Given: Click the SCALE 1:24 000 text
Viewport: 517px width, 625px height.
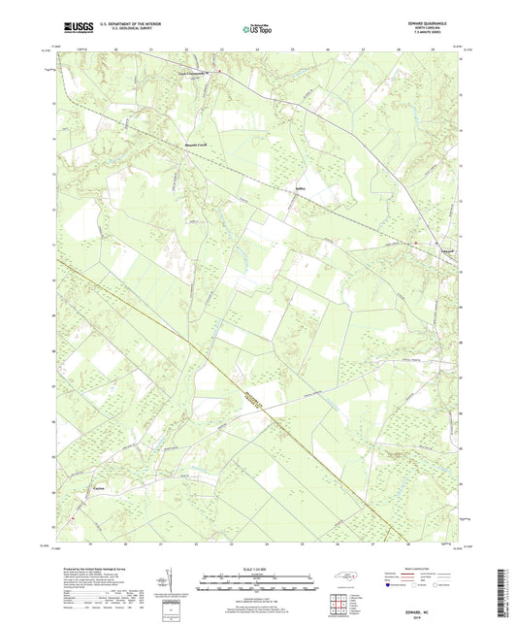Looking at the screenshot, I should point(256,569).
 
